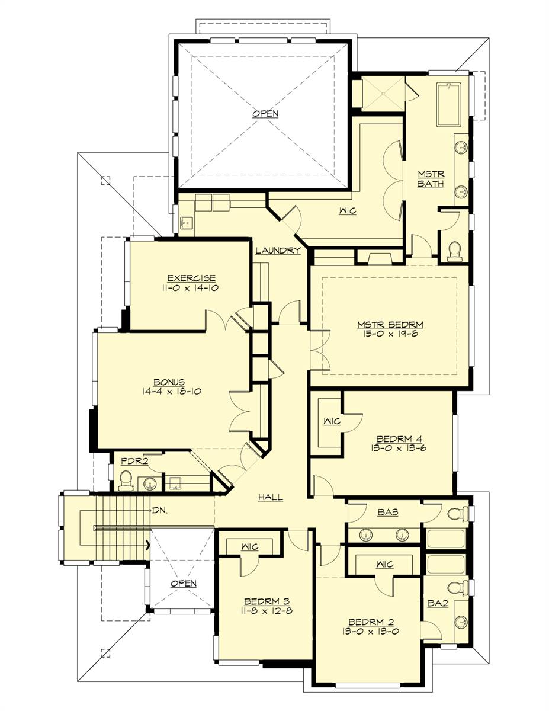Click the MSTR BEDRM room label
[390, 325]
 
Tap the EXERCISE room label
[192, 278]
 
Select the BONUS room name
[169, 382]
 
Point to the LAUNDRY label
[278, 251]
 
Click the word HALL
[271, 497]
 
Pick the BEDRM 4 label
[399, 439]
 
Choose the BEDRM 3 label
[267, 601]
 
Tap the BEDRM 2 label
[371, 622]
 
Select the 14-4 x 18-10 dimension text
[172, 391]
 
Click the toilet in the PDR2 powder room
[125, 481]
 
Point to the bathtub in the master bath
[449, 104]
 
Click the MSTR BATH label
[431, 178]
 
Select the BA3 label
[388, 512]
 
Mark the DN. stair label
[160, 510]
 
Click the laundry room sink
[187, 223]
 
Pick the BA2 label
[438, 603]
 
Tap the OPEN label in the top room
[265, 114]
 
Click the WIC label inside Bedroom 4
[332, 421]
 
